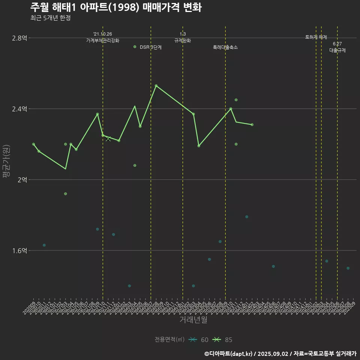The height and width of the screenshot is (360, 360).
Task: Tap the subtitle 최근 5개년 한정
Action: pos(50,18)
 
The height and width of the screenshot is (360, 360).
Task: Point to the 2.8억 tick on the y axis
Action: pos(19,38)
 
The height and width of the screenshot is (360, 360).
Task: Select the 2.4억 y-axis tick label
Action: pos(19,109)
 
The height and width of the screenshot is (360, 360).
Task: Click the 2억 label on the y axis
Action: pos(22,180)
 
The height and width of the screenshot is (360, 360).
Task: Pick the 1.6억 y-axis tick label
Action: pos(19,251)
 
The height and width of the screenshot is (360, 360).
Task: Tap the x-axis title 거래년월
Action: pos(193,320)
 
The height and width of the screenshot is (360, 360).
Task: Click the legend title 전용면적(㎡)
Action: pos(169,340)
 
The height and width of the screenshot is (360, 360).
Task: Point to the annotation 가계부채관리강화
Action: pos(103,40)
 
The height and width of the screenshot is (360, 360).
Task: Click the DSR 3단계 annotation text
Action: pos(150,48)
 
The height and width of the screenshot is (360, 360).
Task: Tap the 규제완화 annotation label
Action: pos(183,40)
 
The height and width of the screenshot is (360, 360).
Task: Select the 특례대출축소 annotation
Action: pos(225,48)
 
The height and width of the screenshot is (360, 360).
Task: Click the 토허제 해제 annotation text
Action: pos(316,37)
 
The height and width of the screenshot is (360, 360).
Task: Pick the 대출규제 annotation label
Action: pos(337,50)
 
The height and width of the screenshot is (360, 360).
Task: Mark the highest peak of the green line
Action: pos(156,85)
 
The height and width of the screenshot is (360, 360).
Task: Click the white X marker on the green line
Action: pos(108,139)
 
